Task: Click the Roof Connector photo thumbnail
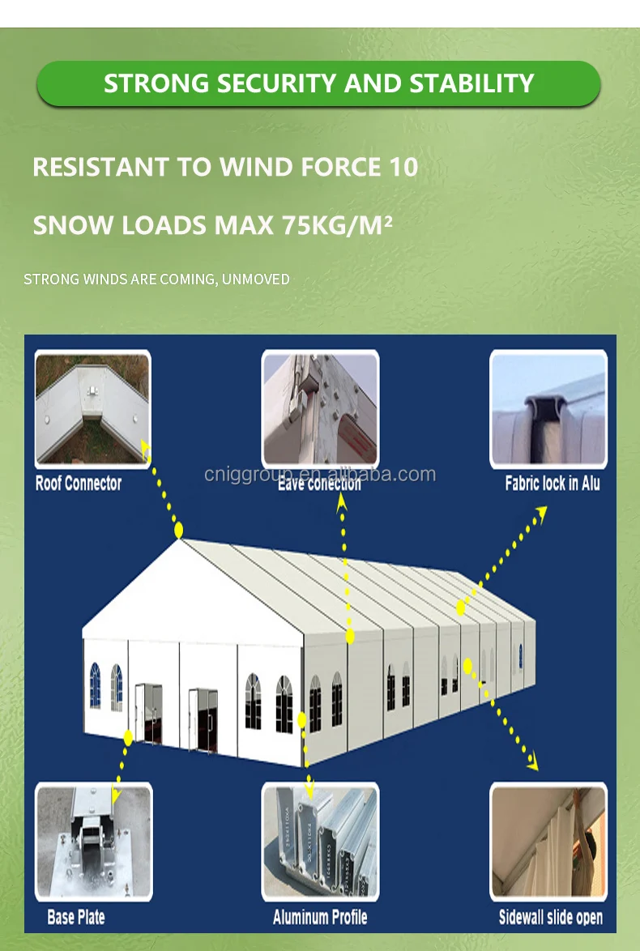coord(92,409)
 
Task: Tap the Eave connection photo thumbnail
coord(320,409)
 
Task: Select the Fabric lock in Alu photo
coord(548,409)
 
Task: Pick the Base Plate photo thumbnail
coord(93,842)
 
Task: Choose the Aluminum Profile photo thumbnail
coord(320,842)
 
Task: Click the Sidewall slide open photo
coord(548,842)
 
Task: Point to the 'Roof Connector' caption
coord(79,484)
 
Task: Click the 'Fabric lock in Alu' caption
coord(553,484)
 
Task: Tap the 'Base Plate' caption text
coord(76,917)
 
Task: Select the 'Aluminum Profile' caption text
coord(320,917)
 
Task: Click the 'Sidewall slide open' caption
coord(551,918)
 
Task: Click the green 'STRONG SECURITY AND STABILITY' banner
coord(319,83)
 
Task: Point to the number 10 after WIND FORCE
coord(402,167)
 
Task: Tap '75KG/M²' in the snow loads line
coord(336,224)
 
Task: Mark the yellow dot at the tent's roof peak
coord(179,531)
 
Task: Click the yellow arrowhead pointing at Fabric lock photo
coord(540,511)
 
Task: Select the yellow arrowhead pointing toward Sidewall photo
coord(531,763)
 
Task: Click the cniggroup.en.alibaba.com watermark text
coord(320,474)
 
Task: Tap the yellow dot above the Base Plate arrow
coord(128,736)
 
